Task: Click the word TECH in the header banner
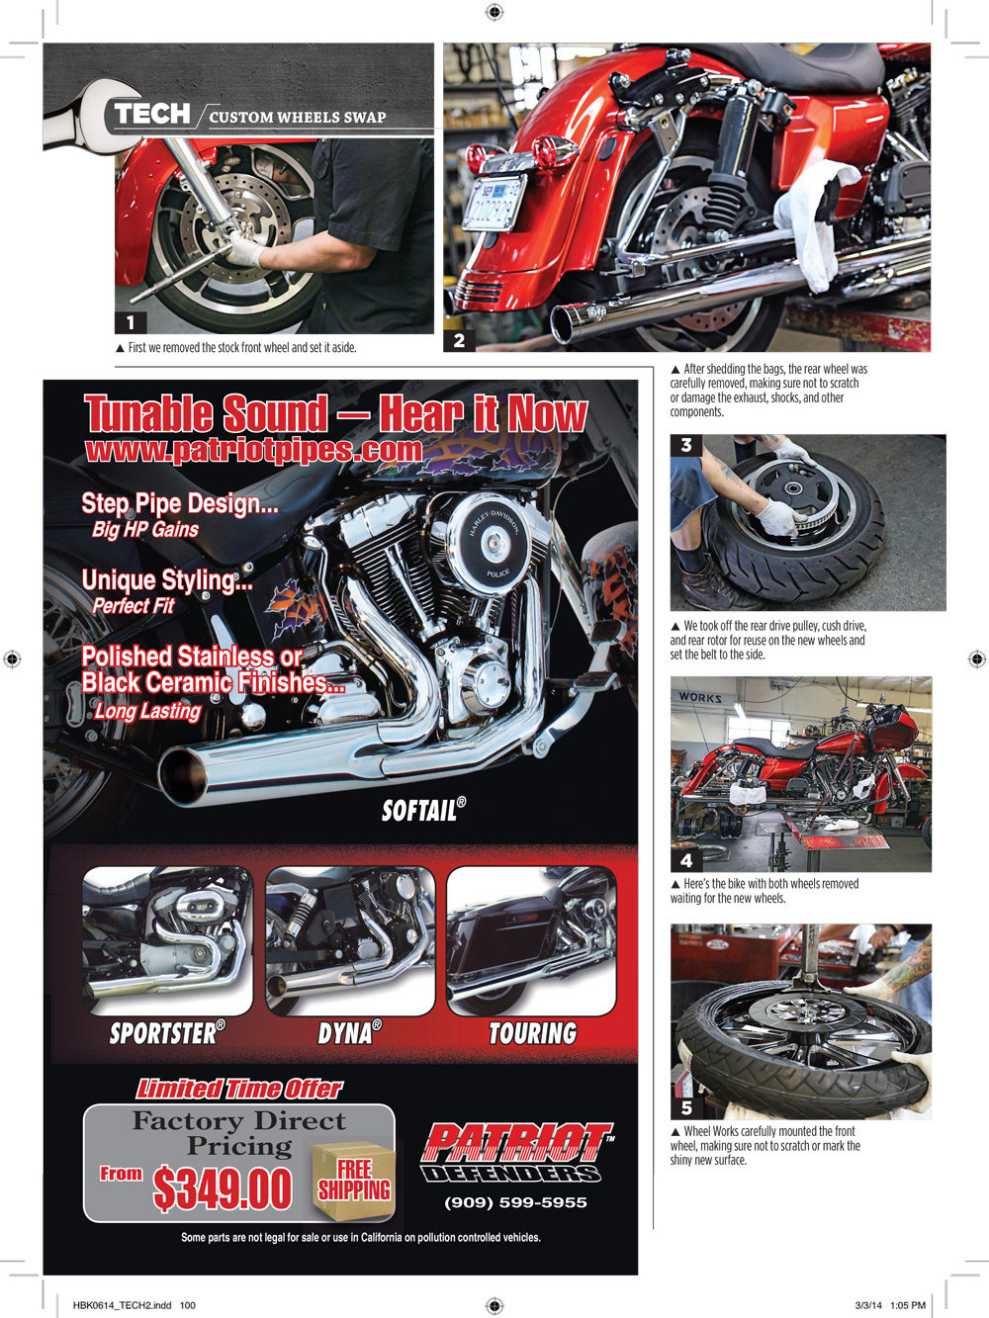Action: point(152,114)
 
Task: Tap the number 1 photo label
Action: point(131,323)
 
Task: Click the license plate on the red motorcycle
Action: point(494,202)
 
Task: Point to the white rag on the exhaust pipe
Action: point(817,222)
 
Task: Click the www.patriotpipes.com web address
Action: point(253,449)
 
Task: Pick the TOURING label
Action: point(533,1033)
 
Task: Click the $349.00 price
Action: point(223,1188)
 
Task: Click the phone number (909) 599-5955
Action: point(516,1202)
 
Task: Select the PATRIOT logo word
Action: point(517,1141)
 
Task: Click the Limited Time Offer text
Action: point(239,1087)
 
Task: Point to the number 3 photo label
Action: point(686,445)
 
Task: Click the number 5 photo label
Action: point(686,1107)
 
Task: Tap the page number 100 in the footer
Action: point(188,1305)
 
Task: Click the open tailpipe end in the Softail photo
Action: point(184,776)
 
